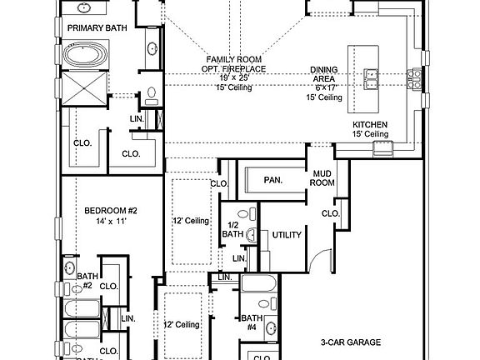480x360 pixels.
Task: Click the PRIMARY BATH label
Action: coord(97,27)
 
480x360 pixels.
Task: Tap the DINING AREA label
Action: coord(325,74)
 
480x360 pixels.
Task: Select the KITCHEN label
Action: coord(370,124)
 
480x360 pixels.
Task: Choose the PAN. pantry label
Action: coord(272,179)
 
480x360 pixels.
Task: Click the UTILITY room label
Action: coord(286,235)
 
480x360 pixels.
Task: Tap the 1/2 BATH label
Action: coord(234,230)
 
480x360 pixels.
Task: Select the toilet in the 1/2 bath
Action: coord(251,213)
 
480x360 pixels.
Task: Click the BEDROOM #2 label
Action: coord(110,211)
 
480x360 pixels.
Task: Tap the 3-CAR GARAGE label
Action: coord(350,342)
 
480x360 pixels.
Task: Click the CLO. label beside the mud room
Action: coord(330,213)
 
